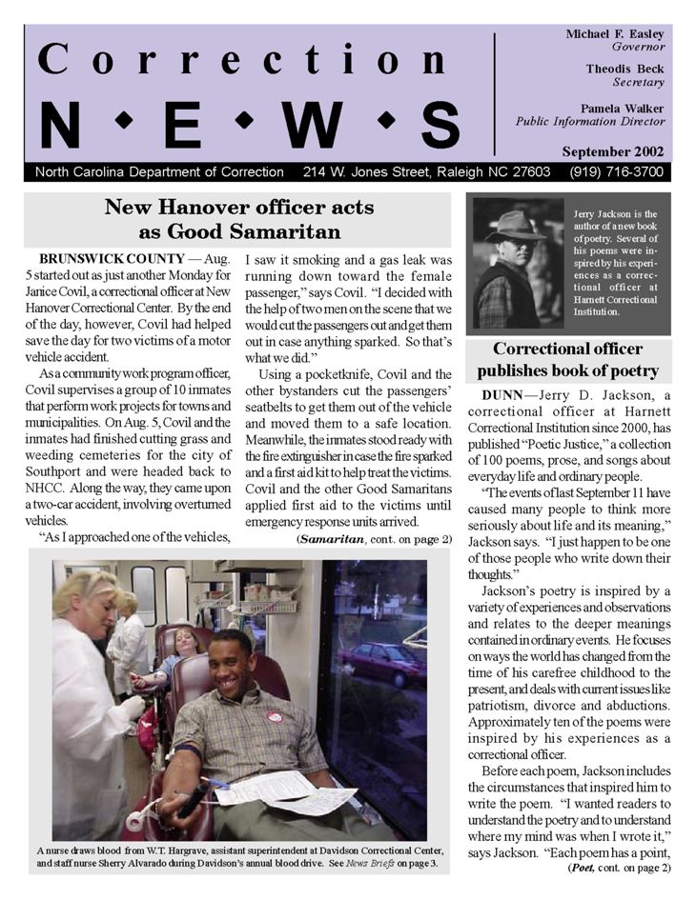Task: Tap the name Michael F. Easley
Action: [x=615, y=33]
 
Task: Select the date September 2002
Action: [x=614, y=151]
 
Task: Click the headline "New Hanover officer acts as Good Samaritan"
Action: [x=239, y=219]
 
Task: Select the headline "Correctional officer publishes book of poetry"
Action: [x=567, y=359]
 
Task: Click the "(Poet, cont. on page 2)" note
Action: [x=619, y=868]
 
